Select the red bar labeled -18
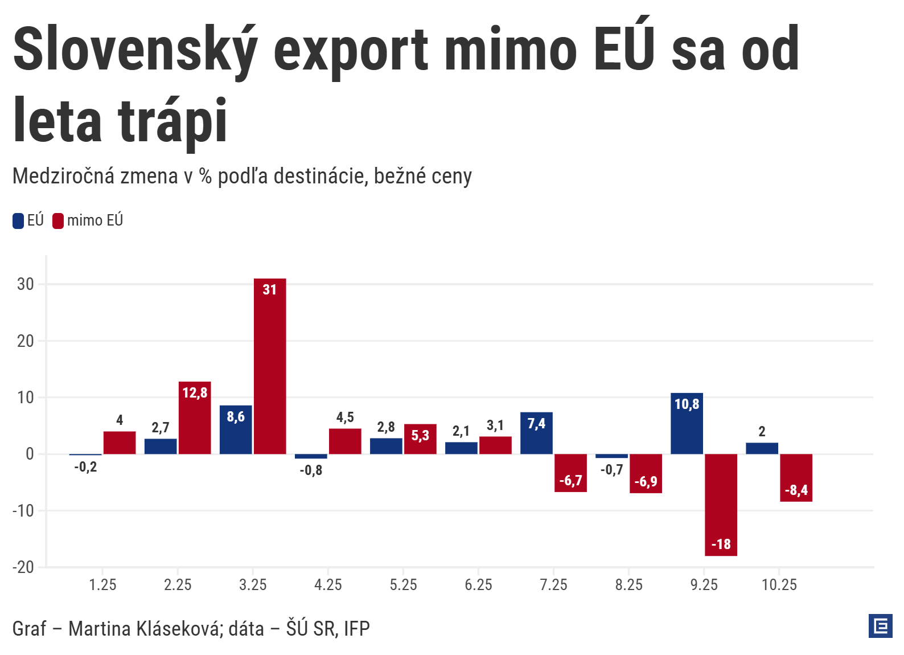tap(721, 505)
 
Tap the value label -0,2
tap(85, 467)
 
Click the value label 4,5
tap(345, 417)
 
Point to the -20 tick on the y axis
tap(23, 567)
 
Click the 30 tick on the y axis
tap(26, 284)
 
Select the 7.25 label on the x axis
tap(553, 585)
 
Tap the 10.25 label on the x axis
tap(779, 585)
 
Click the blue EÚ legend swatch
tap(18, 221)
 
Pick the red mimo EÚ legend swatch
tap(58, 221)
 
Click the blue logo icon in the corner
tap(880, 626)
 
